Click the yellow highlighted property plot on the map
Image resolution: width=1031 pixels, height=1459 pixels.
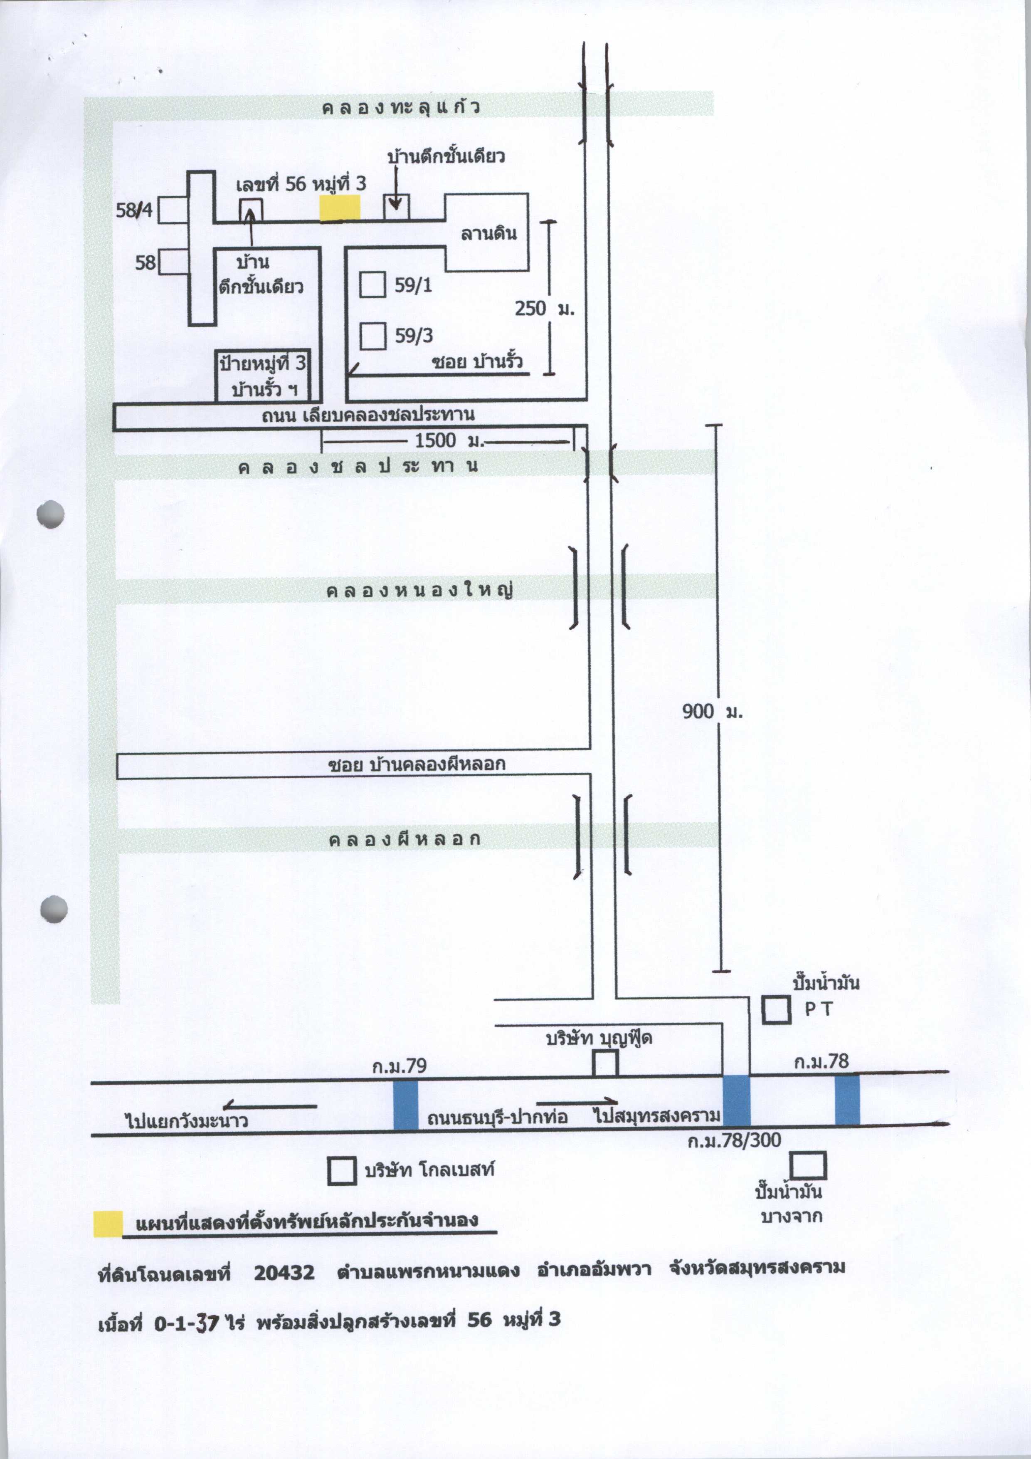[x=340, y=208]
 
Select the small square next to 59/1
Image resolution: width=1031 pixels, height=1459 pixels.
[x=373, y=284]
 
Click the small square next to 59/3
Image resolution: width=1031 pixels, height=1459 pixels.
[x=373, y=336]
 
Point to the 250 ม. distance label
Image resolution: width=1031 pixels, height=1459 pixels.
[x=545, y=309]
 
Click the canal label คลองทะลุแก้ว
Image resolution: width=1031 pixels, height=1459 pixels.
[x=401, y=107]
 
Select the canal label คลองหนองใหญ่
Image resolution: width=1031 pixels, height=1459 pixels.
[x=419, y=590]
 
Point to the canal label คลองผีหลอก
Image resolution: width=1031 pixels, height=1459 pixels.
[x=405, y=839]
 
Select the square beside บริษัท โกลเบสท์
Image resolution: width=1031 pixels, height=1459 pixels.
[x=342, y=1170]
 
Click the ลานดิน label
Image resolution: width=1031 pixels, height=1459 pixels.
[x=488, y=233]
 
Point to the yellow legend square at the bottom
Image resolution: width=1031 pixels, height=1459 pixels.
[x=108, y=1224]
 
